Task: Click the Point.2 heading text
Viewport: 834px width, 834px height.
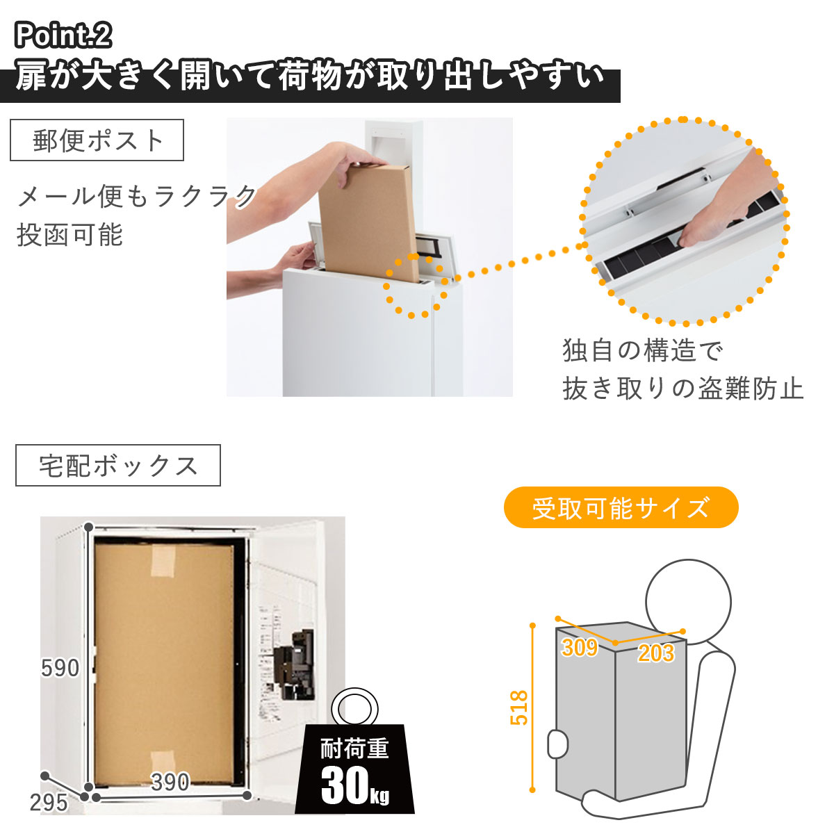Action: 63,35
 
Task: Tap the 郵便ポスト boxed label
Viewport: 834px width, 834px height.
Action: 97,140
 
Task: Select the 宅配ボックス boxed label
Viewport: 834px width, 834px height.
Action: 118,466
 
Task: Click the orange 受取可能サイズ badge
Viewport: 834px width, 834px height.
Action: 621,508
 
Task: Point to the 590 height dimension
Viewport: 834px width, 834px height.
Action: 60,668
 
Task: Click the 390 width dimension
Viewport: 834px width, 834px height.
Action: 170,782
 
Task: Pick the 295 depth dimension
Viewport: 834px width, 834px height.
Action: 49,803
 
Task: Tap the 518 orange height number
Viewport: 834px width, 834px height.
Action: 519,708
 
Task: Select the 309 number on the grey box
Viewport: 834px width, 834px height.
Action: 579,648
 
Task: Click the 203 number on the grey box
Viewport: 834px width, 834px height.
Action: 655,653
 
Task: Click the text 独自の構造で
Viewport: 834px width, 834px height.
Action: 642,351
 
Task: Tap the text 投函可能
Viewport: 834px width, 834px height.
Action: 69,236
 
